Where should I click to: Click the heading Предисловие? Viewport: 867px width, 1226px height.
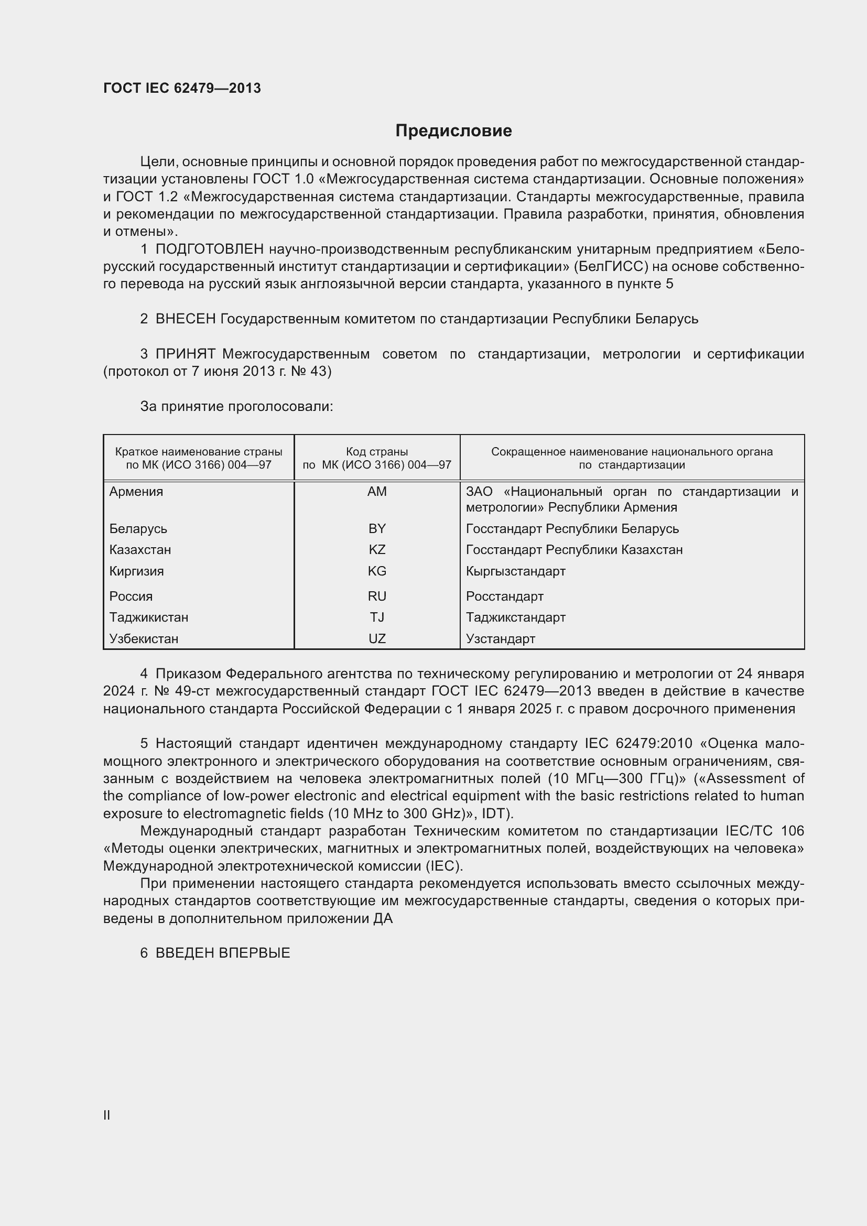tap(453, 131)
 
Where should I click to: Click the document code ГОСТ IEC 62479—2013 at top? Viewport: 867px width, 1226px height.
tap(182, 88)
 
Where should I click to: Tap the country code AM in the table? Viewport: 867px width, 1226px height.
tap(377, 492)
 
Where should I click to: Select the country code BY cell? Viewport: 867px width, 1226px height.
tap(377, 529)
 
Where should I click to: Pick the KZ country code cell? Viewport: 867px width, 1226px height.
tap(377, 550)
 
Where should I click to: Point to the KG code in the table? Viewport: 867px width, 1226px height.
tap(377, 571)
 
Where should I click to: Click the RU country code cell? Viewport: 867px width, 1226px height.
tap(377, 596)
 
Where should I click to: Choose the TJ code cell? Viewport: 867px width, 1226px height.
tap(377, 618)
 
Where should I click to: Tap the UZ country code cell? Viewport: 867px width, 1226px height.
tap(377, 639)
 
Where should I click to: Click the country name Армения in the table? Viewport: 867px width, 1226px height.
tap(136, 492)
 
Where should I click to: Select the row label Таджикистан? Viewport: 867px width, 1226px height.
tap(148, 618)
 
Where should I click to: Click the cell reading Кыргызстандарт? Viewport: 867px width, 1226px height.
tap(515, 571)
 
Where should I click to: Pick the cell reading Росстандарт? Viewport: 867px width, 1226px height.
tap(504, 596)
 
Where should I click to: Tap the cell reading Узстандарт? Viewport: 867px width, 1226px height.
tap(500, 639)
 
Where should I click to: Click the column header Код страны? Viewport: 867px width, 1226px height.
tap(377, 452)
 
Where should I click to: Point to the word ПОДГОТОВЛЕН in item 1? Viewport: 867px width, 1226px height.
tap(209, 249)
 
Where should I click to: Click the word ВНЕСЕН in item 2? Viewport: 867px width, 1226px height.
tap(185, 319)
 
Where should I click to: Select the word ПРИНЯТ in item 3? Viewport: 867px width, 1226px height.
tap(185, 354)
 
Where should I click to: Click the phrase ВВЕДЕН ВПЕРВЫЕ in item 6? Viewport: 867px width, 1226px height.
tap(223, 953)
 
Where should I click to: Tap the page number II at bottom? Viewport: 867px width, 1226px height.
tap(107, 1115)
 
